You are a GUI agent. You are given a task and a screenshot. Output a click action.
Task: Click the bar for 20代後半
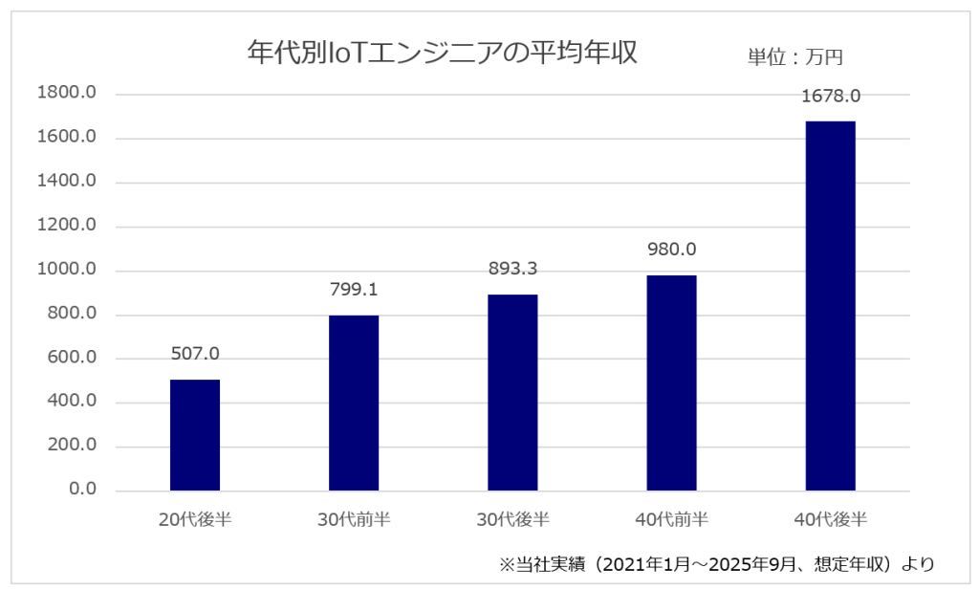tap(195, 435)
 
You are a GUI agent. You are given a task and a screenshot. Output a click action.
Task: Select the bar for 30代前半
tap(354, 403)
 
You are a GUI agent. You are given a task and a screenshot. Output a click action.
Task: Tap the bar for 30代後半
tap(512, 392)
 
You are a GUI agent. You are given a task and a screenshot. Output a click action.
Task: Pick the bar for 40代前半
tap(671, 382)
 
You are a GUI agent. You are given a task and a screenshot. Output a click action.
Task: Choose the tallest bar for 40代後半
tap(830, 306)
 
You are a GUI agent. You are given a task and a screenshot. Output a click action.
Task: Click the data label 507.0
tap(195, 354)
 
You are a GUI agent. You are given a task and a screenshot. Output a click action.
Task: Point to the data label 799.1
tap(354, 289)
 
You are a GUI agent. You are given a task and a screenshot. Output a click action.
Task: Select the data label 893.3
tap(512, 269)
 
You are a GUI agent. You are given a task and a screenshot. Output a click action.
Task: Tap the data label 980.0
tap(671, 250)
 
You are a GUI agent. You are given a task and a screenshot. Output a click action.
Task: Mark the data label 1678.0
tap(830, 96)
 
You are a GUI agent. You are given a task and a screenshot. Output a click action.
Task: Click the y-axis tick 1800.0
tap(66, 94)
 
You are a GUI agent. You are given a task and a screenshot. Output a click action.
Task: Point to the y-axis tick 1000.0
tap(66, 270)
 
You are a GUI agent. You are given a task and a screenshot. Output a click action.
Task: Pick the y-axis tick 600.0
tap(71, 358)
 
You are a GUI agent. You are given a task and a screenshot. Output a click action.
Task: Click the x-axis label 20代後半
tap(195, 520)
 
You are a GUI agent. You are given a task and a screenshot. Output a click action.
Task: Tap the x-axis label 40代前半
tap(671, 520)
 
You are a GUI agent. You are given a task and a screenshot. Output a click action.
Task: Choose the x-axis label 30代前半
tap(354, 520)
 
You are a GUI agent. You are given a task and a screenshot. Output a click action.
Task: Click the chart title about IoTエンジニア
tap(442, 53)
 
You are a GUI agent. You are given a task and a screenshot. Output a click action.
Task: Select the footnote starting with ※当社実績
tap(716, 564)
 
